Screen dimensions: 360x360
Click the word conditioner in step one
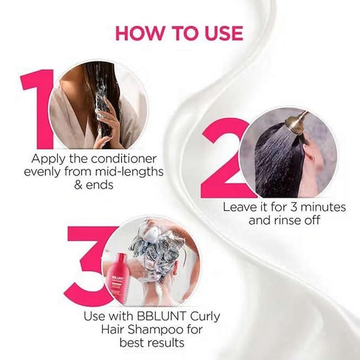click(x=124, y=159)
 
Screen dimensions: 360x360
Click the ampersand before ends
click(x=78, y=185)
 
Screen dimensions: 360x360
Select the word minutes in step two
click(x=323, y=207)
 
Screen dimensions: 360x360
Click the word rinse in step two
click(x=288, y=221)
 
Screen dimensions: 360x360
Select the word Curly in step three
click(x=205, y=317)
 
